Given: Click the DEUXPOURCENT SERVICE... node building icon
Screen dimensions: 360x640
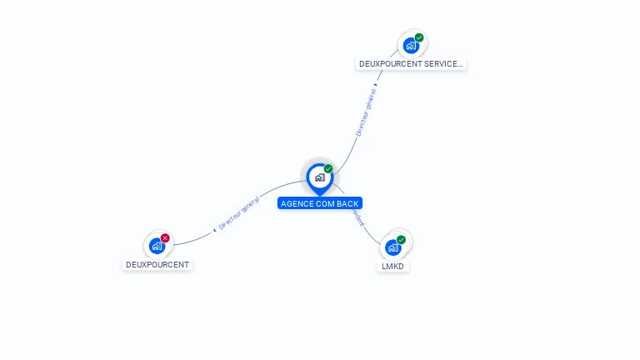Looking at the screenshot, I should (x=411, y=45).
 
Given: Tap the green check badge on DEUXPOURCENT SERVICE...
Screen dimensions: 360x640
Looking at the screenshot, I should (x=419, y=37).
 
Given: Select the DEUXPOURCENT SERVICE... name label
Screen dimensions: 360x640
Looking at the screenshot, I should (x=411, y=63).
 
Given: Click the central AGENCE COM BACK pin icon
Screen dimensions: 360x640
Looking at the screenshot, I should (x=319, y=177).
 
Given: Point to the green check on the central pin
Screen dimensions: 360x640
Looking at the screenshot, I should (x=328, y=169).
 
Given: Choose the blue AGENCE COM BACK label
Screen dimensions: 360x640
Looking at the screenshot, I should (x=320, y=203).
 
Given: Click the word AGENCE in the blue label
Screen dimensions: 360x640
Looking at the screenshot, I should (x=296, y=203).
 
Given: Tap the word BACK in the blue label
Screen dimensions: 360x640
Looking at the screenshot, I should (x=348, y=203).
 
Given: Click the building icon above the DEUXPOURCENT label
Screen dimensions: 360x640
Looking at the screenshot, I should (x=157, y=246).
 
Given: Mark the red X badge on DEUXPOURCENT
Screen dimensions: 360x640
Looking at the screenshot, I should (x=165, y=238).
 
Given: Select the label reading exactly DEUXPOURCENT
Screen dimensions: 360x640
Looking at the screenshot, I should (x=157, y=265).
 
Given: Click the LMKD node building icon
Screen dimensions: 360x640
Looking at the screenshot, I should (x=393, y=247).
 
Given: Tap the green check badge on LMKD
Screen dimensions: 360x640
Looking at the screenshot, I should (x=401, y=240).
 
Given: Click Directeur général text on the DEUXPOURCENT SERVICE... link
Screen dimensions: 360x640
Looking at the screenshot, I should (x=367, y=112).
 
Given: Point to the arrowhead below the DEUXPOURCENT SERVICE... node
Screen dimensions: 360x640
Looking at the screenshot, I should (x=376, y=84).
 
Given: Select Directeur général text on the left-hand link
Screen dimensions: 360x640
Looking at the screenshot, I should (x=239, y=214).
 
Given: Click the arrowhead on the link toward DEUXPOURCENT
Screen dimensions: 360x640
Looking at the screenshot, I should (x=214, y=229).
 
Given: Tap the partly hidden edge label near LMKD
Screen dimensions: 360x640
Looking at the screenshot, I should (x=359, y=218).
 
